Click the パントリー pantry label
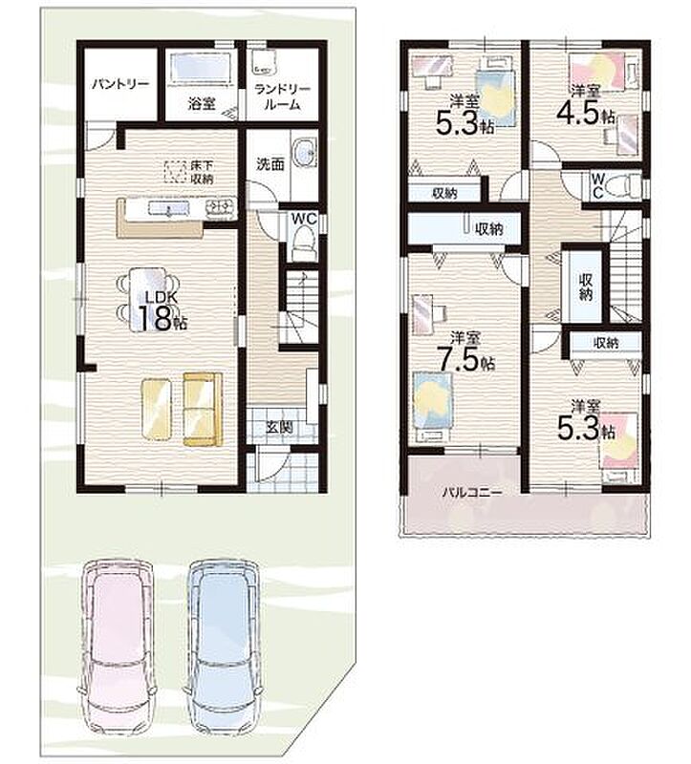120,84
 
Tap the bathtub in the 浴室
201,69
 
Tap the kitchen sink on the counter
168,208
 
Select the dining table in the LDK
148,298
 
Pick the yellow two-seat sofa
203,410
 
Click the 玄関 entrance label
279,427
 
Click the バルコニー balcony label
472,492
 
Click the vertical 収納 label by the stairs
586,287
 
